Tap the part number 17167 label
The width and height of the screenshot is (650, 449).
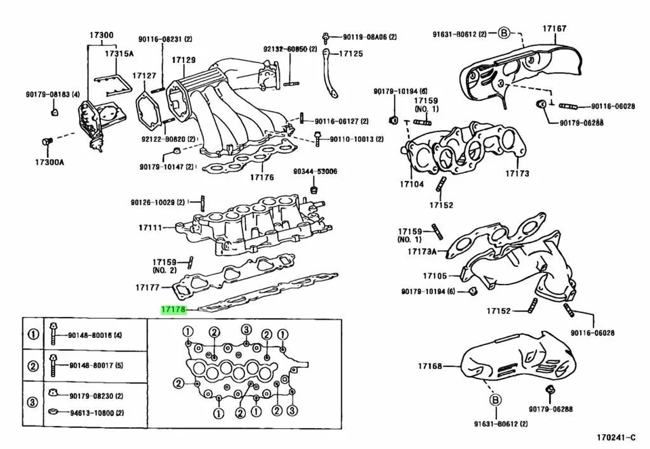[554, 29]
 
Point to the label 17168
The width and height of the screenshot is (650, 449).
[429, 366]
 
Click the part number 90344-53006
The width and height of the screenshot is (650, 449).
[315, 172]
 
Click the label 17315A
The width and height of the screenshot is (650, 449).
[119, 53]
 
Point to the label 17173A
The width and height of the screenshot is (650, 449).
[422, 251]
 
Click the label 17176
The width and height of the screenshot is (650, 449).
[261, 177]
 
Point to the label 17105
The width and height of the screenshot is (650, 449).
[435, 276]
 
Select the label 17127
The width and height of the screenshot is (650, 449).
[144, 76]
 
